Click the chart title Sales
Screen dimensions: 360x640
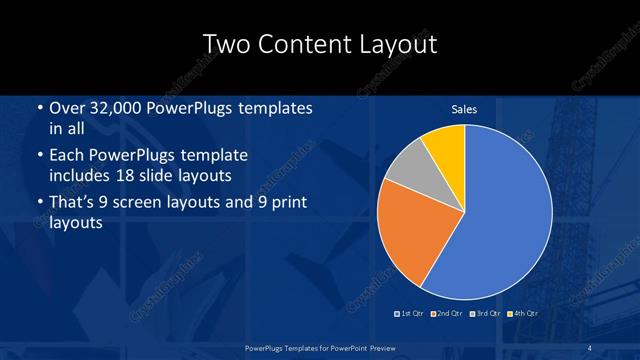point(464,109)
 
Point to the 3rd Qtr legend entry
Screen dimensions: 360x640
point(485,314)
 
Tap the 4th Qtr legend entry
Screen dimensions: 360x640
point(523,314)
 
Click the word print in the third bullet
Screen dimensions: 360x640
point(286,203)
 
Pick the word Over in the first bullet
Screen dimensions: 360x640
point(66,108)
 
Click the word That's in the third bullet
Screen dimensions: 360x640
point(73,203)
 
